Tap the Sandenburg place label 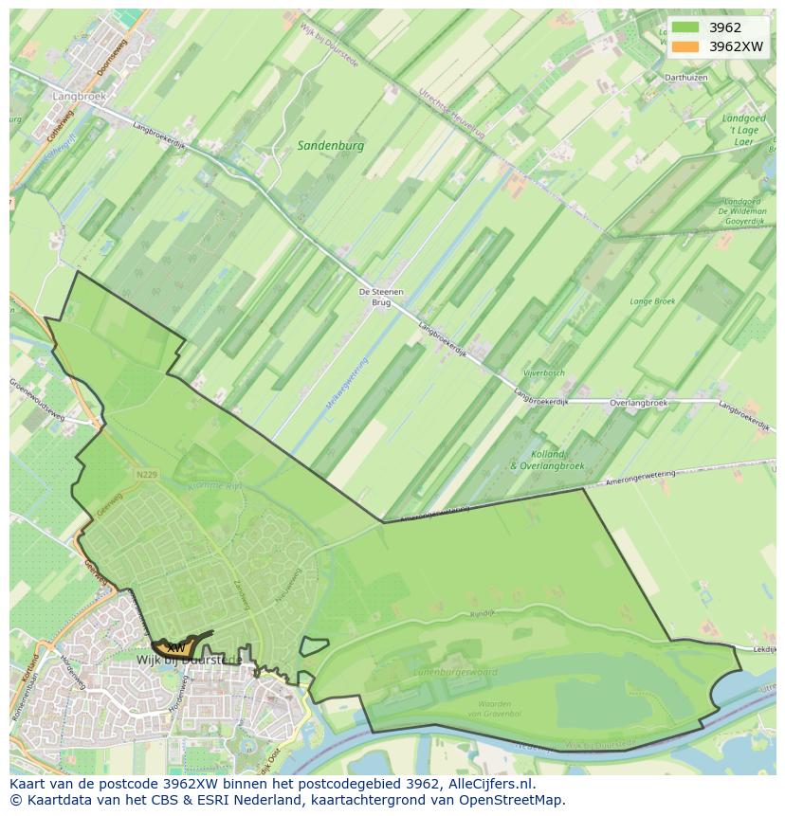(330, 146)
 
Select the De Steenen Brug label (380, 297)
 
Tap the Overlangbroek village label (639, 403)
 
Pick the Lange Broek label (652, 301)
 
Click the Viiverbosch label (543, 373)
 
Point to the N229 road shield (146, 474)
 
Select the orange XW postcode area (180, 647)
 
